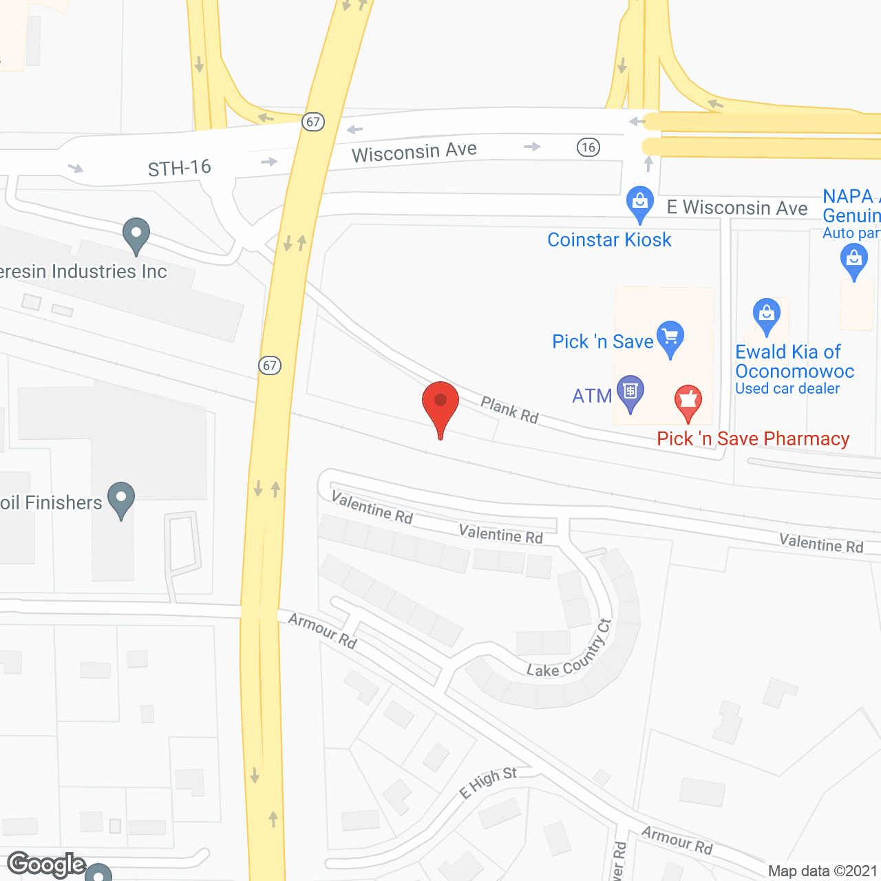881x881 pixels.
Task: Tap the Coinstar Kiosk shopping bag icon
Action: (x=640, y=203)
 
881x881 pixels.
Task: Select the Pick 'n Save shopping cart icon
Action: (x=670, y=338)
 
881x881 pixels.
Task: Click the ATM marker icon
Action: (x=630, y=392)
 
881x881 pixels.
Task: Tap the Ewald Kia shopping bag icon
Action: (x=766, y=315)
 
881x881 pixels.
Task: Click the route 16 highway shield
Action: (x=588, y=147)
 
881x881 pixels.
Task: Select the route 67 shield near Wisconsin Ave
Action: (x=313, y=122)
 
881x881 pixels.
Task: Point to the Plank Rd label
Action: (x=509, y=410)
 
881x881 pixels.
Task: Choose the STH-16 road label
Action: (x=180, y=168)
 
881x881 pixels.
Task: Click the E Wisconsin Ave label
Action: (x=737, y=208)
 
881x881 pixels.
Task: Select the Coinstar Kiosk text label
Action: (x=609, y=240)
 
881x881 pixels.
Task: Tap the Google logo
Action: (x=46, y=864)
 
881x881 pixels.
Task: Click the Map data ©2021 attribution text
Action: (x=822, y=871)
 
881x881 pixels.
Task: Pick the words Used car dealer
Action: (x=787, y=389)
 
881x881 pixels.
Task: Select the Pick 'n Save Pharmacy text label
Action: (x=753, y=438)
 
